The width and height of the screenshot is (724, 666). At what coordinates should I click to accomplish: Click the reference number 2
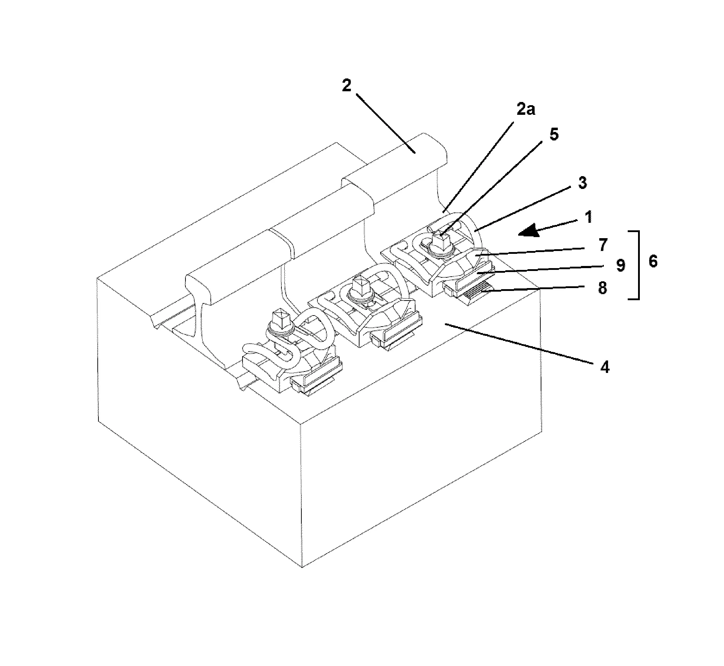(346, 86)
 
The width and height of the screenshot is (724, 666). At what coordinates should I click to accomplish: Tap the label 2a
(526, 109)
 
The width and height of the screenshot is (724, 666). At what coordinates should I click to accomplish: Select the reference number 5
(554, 134)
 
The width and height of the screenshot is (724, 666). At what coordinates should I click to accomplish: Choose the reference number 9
(620, 266)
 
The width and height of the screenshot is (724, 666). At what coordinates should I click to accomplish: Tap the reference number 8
(602, 288)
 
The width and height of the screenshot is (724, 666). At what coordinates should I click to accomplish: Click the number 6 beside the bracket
(653, 261)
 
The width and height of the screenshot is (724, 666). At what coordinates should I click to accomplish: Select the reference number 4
(605, 367)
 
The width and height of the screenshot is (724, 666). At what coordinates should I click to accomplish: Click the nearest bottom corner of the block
(302, 567)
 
